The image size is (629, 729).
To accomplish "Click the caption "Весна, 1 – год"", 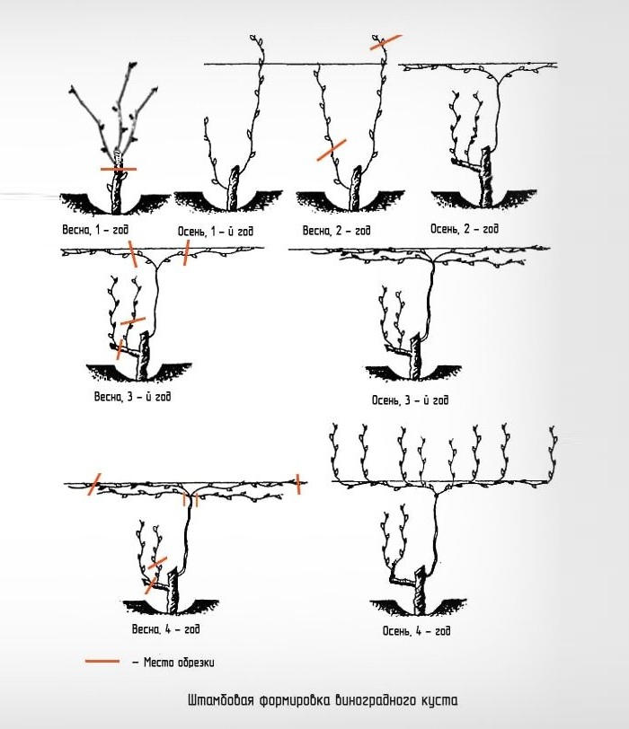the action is click(x=95, y=230).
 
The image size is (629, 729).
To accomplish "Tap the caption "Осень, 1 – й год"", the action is click(x=216, y=231).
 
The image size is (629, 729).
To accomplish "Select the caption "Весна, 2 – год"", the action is click(x=336, y=231).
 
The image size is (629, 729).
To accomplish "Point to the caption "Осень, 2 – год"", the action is click(x=465, y=229).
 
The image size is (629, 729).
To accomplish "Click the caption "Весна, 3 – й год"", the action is click(x=133, y=397).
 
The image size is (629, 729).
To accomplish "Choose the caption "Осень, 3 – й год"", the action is click(x=410, y=400).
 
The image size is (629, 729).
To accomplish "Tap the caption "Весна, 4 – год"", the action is click(x=166, y=629).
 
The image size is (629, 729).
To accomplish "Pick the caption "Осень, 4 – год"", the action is click(x=416, y=630).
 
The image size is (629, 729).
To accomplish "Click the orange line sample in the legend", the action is click(x=102, y=661).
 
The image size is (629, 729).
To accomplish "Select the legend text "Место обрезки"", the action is click(x=179, y=662).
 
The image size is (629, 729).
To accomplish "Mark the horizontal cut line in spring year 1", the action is click(x=119, y=169).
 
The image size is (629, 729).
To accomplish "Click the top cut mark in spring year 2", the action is click(x=385, y=42).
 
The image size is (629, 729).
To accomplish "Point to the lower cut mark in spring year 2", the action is click(x=332, y=150).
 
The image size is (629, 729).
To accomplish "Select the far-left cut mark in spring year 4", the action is click(x=94, y=484).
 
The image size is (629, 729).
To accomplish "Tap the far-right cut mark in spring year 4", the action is click(x=298, y=484).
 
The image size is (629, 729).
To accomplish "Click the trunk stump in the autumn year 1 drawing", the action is click(x=233, y=189).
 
